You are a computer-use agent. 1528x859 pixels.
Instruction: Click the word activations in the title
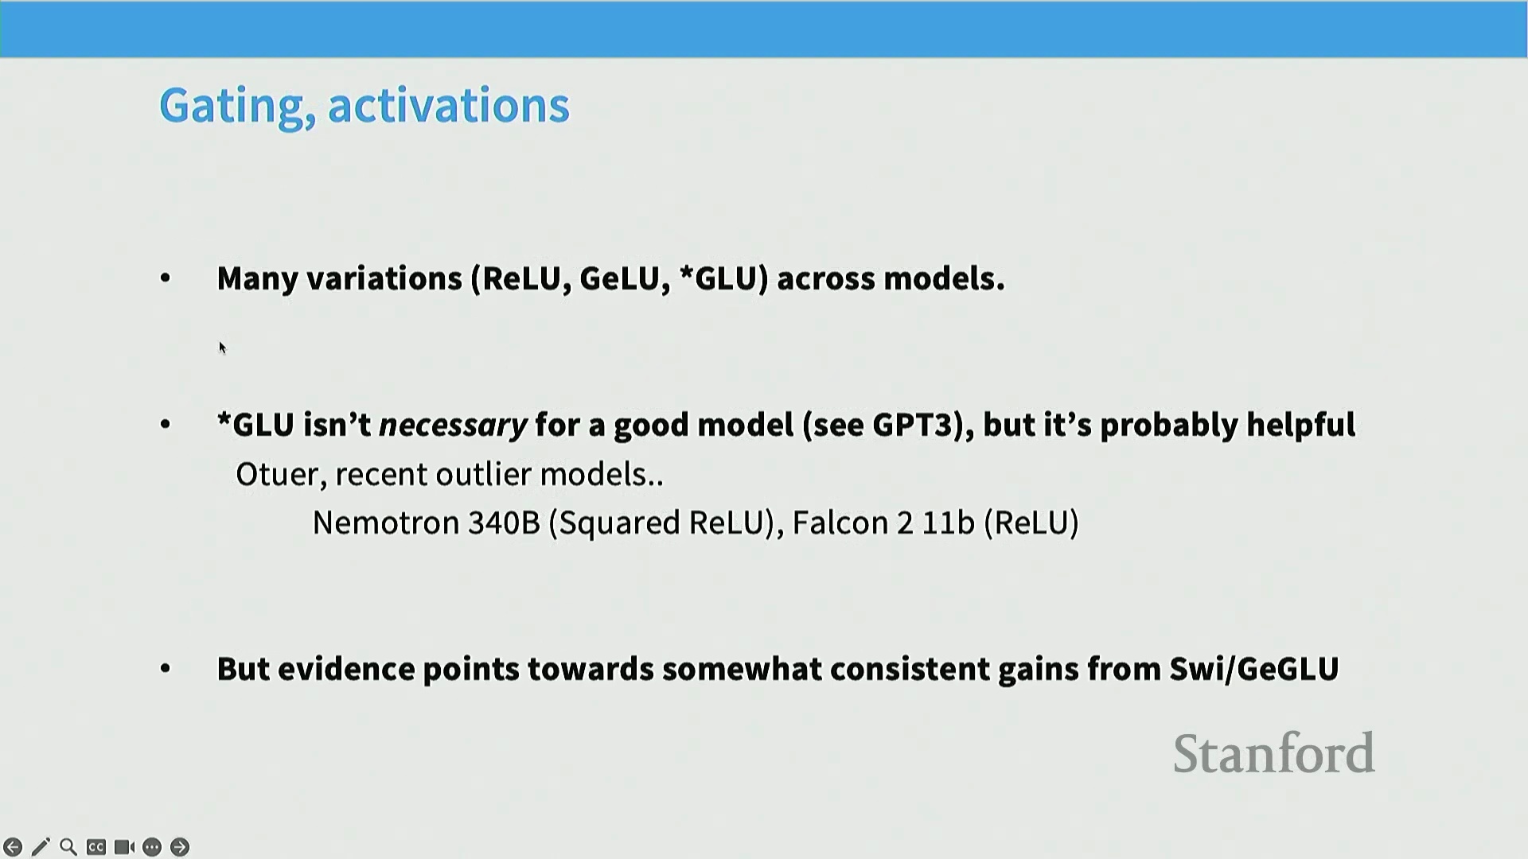449,105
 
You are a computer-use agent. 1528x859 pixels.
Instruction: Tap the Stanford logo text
1274,753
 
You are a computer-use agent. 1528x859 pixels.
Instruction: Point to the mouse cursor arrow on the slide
223,348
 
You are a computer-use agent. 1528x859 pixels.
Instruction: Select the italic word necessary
453,426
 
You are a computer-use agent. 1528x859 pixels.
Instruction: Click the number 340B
505,523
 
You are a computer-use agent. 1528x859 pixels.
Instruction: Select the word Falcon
840,523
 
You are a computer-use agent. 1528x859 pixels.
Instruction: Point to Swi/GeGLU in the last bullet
1254,669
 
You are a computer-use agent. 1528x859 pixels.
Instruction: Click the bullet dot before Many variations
166,278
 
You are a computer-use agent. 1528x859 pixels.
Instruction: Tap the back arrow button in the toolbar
13,847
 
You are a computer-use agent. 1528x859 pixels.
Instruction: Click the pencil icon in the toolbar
41,847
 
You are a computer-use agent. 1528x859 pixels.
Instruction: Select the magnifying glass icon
68,847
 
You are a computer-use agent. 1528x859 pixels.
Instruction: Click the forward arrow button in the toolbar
180,847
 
